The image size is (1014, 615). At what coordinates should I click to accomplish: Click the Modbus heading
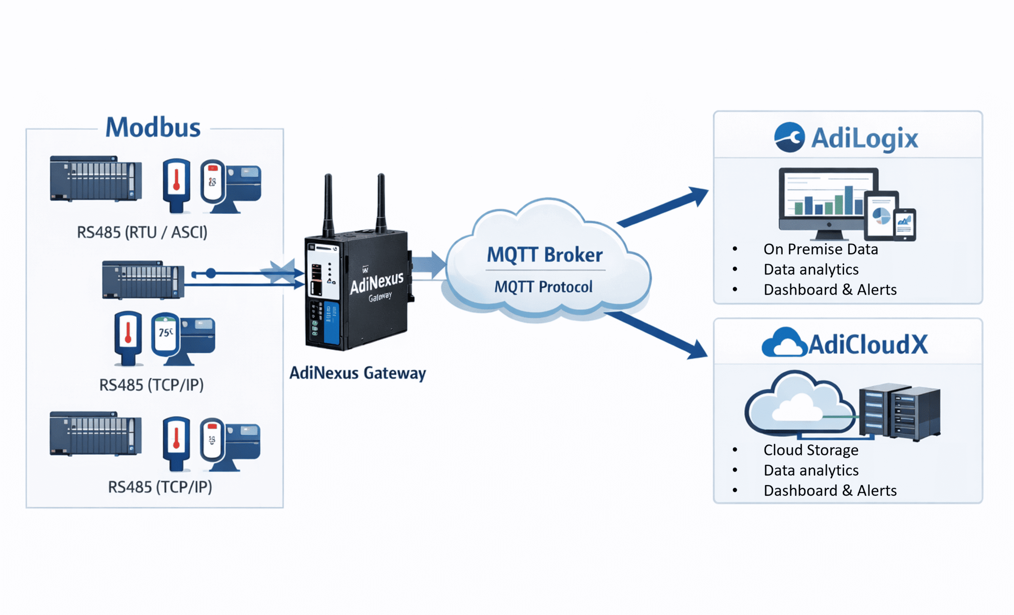click(x=152, y=128)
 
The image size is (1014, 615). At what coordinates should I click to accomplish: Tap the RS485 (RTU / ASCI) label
click(x=142, y=232)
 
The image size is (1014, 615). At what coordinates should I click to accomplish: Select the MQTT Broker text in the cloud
click(x=545, y=255)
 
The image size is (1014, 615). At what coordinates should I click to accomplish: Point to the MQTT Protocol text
click(x=543, y=287)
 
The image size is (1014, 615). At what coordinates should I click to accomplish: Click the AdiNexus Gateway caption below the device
click(x=357, y=373)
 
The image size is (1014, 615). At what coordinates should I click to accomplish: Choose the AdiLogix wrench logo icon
click(x=789, y=137)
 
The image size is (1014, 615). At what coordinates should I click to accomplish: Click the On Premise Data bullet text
click(x=820, y=249)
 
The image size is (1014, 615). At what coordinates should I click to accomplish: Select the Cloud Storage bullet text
click(x=811, y=450)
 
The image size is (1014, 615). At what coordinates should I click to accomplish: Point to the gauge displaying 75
click(x=166, y=332)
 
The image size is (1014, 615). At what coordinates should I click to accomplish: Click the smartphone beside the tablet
click(x=904, y=224)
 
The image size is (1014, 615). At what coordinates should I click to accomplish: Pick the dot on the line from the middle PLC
click(x=211, y=273)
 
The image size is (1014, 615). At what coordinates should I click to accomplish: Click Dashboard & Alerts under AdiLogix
click(x=830, y=290)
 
